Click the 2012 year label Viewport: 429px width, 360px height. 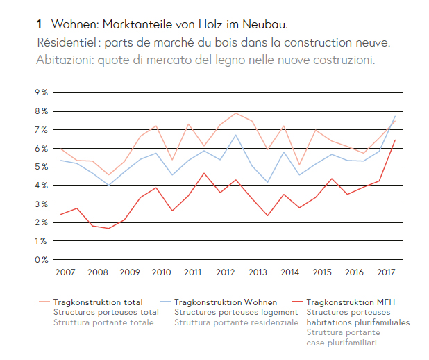pyautogui.click(x=226, y=272)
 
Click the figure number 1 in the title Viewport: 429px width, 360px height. pyautogui.click(x=39, y=25)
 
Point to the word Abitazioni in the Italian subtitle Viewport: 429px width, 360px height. pyautogui.click(x=65, y=60)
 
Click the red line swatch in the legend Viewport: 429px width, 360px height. pyautogui.click(x=301, y=302)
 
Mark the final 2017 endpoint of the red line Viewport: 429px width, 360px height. pyautogui.click(x=396, y=140)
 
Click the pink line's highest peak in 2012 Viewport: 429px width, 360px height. pyautogui.click(x=236, y=113)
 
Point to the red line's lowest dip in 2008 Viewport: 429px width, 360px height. pyautogui.click(x=109, y=229)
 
